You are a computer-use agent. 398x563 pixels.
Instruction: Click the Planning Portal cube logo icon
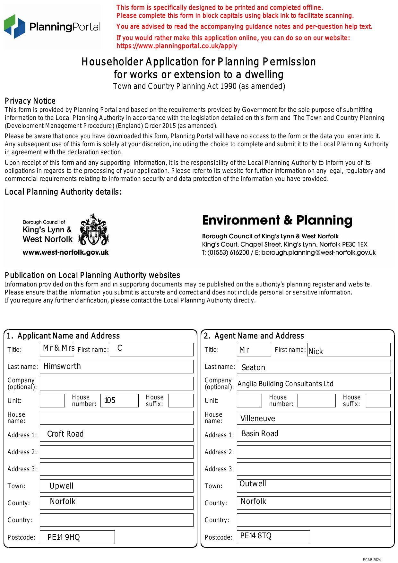(14, 26)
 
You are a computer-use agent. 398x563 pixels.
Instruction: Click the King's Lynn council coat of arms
(93, 230)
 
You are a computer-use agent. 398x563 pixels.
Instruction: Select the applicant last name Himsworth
(62, 366)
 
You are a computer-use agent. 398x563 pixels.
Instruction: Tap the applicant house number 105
(110, 400)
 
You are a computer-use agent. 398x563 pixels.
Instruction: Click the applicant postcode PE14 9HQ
(64, 537)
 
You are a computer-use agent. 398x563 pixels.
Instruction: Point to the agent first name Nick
(316, 352)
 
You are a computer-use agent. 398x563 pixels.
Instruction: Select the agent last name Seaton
(253, 368)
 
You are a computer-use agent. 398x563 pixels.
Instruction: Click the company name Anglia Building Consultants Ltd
(285, 384)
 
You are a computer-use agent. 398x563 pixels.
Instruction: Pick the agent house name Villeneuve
(258, 419)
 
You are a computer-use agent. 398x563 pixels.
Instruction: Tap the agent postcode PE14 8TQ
(256, 536)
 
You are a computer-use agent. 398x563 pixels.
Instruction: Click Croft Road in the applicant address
(65, 434)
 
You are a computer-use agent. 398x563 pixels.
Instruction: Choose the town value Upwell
(61, 486)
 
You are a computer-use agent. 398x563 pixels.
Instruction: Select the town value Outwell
(253, 484)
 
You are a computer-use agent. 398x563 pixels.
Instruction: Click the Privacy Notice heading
(30, 101)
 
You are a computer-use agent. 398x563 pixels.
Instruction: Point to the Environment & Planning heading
(277, 220)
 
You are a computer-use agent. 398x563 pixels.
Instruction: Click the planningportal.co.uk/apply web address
(177, 46)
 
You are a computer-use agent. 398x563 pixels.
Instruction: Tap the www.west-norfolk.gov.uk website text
(65, 252)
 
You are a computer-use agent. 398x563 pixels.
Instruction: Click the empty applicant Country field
(117, 520)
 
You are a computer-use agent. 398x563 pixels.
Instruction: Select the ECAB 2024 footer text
(372, 560)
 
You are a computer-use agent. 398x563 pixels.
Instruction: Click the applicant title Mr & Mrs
(59, 348)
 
